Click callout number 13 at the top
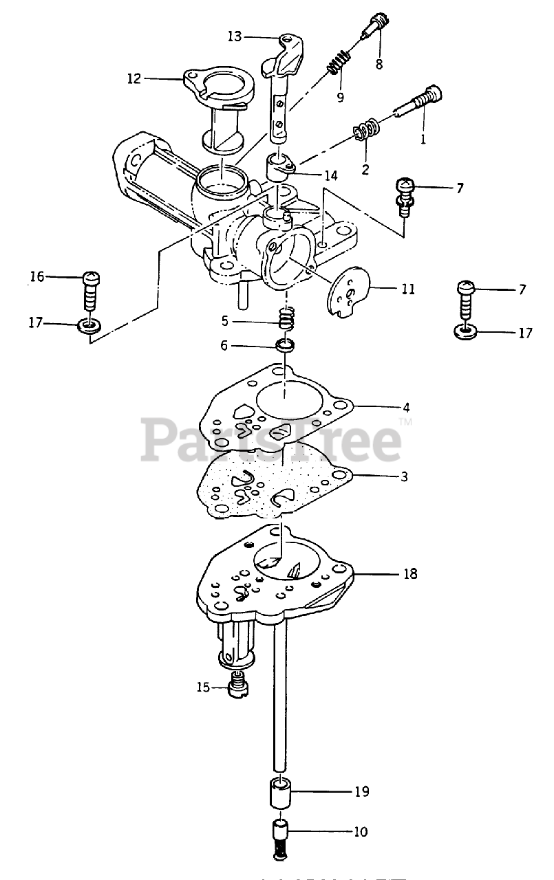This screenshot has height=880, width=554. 235,36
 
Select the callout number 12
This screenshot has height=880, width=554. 134,78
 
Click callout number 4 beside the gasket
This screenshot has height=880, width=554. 406,406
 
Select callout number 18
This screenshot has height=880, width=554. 410,573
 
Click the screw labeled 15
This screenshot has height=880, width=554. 237,686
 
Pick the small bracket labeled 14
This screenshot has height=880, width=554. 280,166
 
